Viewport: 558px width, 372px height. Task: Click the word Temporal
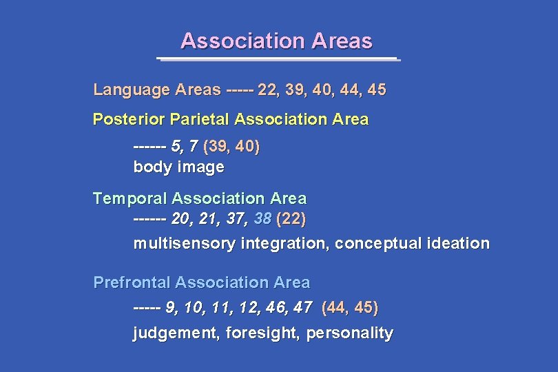[130, 199]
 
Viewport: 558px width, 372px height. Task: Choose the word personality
[349, 334]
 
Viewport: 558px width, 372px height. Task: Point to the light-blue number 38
[262, 220]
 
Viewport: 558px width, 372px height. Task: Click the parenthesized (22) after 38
[291, 220]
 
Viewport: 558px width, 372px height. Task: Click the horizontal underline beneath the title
[278, 59]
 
